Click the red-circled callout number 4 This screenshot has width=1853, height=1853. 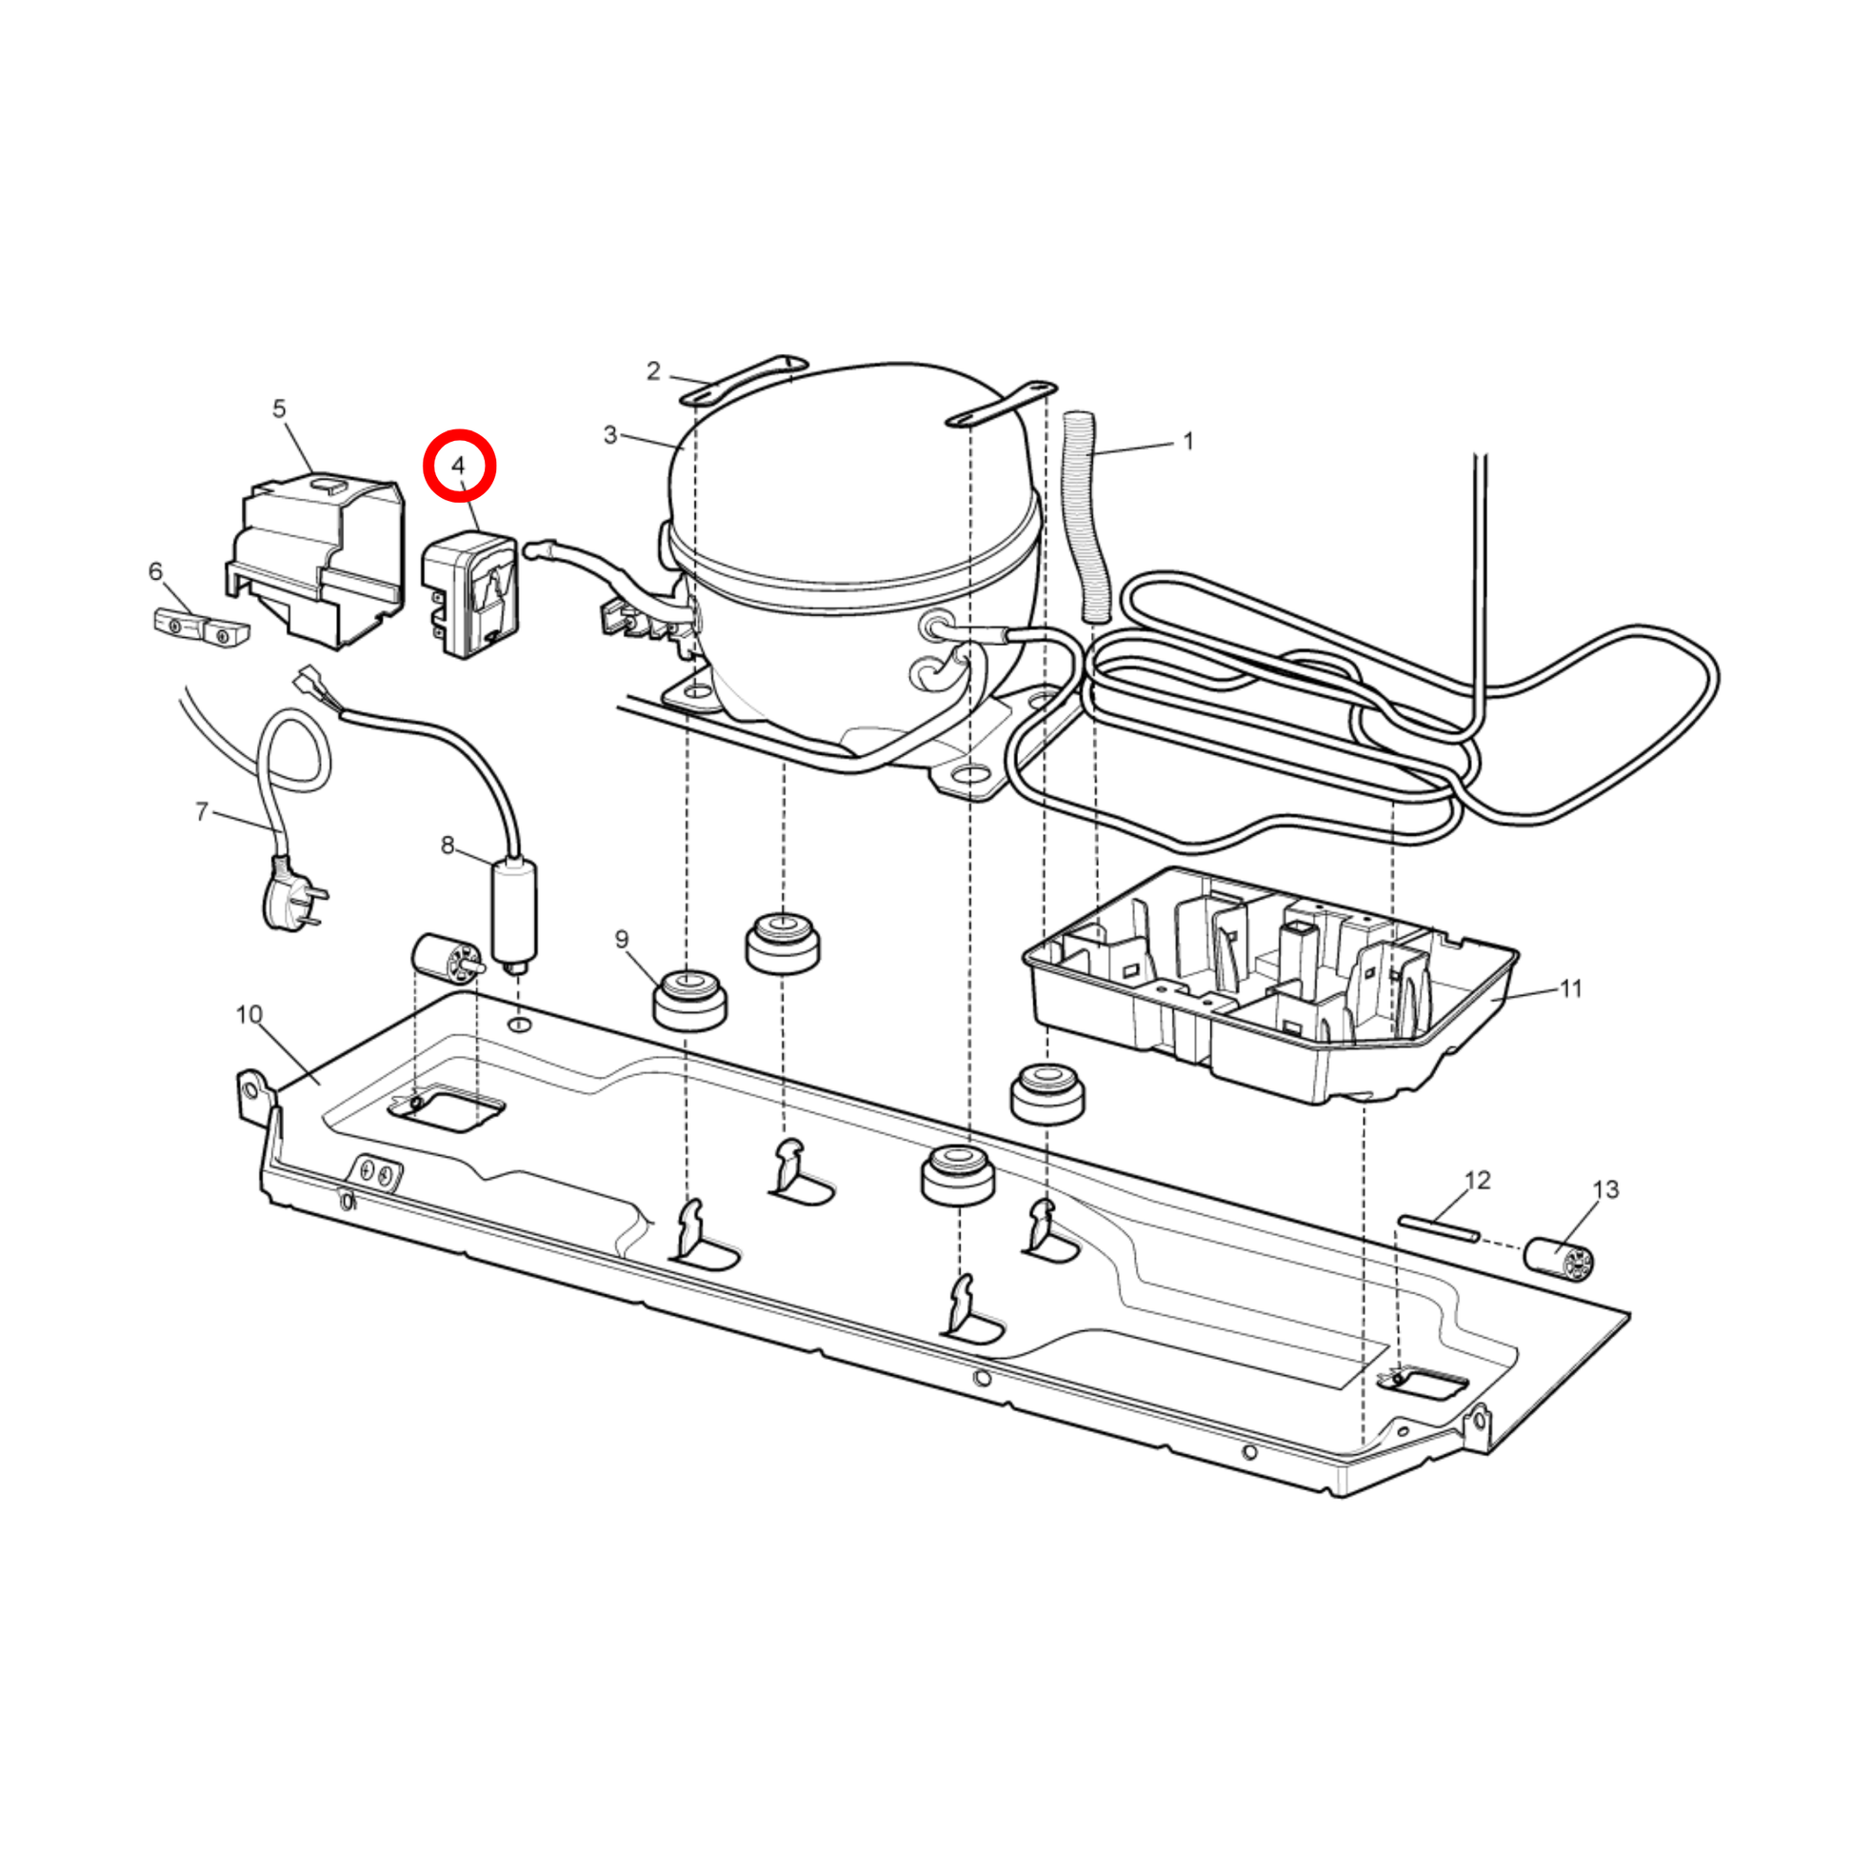458,466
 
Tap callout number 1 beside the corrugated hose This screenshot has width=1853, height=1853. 1188,441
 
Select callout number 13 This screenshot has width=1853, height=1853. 1605,1189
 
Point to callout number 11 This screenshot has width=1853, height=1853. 1571,987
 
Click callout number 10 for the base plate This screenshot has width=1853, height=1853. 249,1014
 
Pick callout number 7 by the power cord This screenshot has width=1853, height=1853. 202,812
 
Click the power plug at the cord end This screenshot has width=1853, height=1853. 290,894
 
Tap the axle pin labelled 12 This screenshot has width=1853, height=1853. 1439,1227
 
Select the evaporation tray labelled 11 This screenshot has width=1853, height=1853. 1271,986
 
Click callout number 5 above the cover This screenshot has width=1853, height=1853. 279,408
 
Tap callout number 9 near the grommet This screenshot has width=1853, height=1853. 622,939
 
